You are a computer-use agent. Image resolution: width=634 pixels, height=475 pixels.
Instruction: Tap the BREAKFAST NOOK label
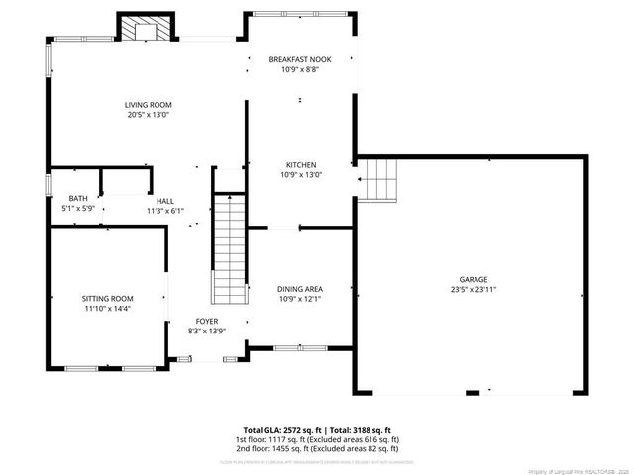(x=300, y=59)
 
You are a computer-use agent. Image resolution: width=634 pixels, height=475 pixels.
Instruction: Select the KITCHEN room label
(x=300, y=165)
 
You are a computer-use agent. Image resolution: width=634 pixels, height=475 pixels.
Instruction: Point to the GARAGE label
(x=473, y=280)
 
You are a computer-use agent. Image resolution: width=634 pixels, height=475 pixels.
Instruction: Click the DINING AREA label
(x=300, y=289)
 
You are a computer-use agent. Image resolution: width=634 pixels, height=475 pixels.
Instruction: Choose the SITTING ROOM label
(x=107, y=298)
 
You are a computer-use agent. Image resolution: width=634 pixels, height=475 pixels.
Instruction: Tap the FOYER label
(x=206, y=321)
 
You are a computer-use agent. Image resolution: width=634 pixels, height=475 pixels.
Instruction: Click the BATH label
(x=77, y=199)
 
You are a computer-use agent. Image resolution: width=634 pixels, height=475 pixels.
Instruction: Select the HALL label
(x=164, y=201)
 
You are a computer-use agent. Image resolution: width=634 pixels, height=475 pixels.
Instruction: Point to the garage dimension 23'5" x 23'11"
(x=473, y=290)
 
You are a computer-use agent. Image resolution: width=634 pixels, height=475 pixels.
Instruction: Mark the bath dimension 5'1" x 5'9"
(x=77, y=209)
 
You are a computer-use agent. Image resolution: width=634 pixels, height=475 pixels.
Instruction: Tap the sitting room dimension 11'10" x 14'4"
(x=107, y=308)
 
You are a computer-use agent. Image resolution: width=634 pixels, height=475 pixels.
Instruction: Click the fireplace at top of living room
(x=146, y=27)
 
